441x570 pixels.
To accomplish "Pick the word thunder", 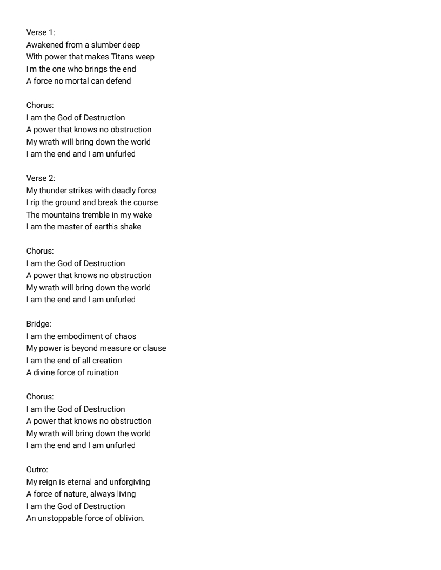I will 54,191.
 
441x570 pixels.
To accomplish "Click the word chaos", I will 124,336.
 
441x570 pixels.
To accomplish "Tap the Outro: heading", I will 37,470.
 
